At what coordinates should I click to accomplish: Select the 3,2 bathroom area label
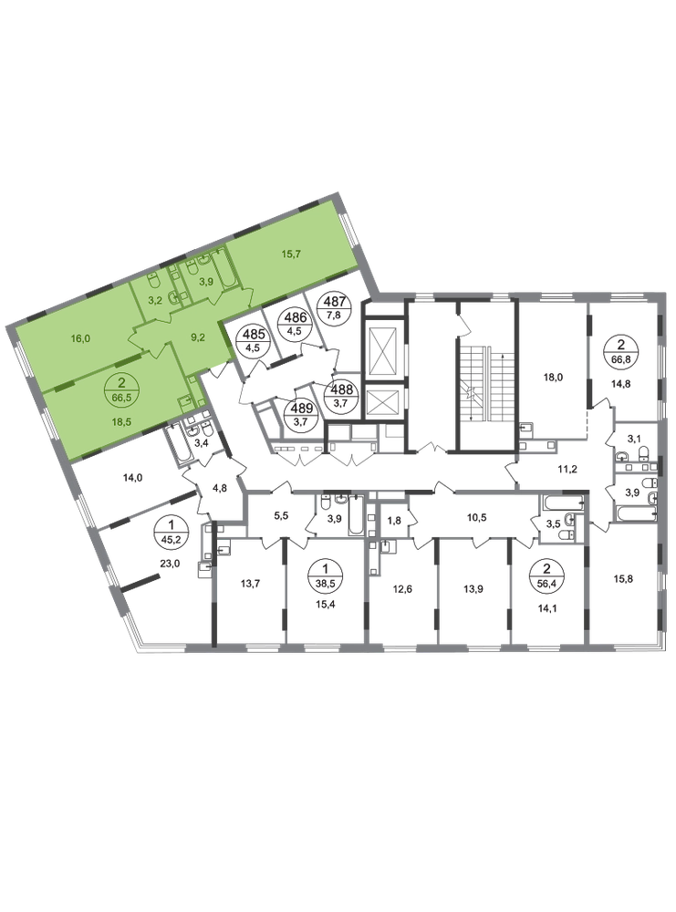[x=156, y=298]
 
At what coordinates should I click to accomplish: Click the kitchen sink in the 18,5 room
[x=185, y=401]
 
